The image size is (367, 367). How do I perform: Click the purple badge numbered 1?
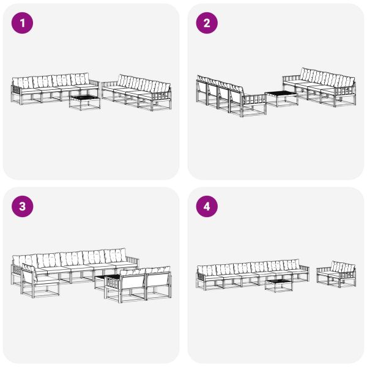23,23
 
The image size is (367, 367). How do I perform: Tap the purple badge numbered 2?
207,23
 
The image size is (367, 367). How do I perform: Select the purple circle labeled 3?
23,207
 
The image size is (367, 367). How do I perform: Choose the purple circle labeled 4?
207,207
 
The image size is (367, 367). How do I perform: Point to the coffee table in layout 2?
281,98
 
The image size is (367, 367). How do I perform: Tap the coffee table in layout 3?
102,283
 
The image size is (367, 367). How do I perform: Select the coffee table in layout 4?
278,285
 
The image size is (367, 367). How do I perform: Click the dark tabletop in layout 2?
281,94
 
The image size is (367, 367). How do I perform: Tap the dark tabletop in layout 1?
84,97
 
